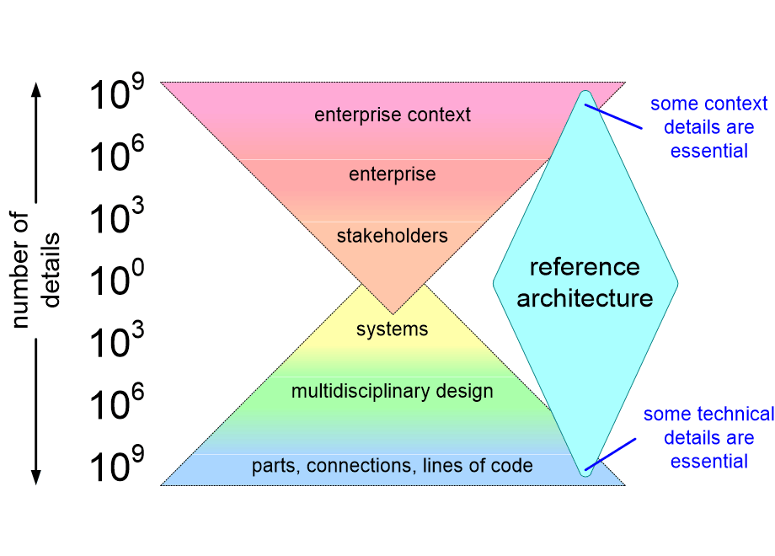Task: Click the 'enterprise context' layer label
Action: (393, 115)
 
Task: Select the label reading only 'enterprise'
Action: (393, 175)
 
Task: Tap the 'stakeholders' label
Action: (393, 236)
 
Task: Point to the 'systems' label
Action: (393, 329)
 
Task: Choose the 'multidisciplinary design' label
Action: (393, 392)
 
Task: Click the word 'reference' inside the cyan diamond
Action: (585, 268)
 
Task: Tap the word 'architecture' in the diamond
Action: (585, 298)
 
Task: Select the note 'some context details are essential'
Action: (708, 127)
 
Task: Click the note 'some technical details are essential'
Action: (708, 437)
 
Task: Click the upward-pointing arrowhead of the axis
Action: (36, 87)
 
